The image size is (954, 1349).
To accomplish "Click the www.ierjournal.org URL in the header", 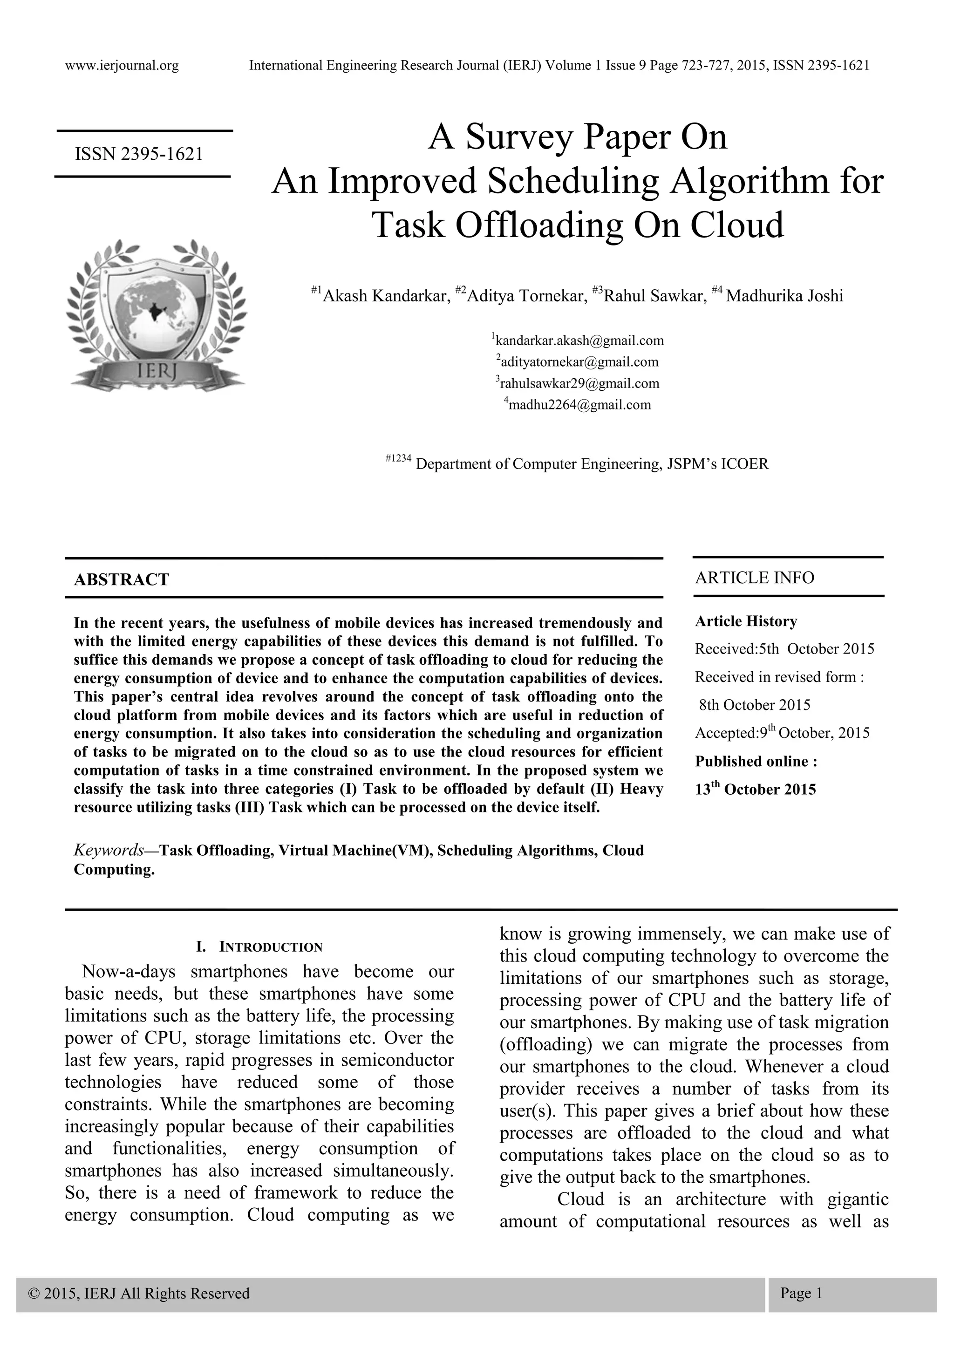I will [122, 65].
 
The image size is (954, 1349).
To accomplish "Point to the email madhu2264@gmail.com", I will [579, 405].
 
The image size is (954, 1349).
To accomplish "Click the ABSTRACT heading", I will [122, 580].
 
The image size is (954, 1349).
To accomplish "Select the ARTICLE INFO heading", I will [754, 578].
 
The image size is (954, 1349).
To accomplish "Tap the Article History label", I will [746, 621].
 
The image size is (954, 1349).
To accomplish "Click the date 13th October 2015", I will [756, 789].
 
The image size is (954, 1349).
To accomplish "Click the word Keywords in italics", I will [109, 850].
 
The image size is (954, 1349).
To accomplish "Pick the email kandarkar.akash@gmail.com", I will [579, 341].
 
